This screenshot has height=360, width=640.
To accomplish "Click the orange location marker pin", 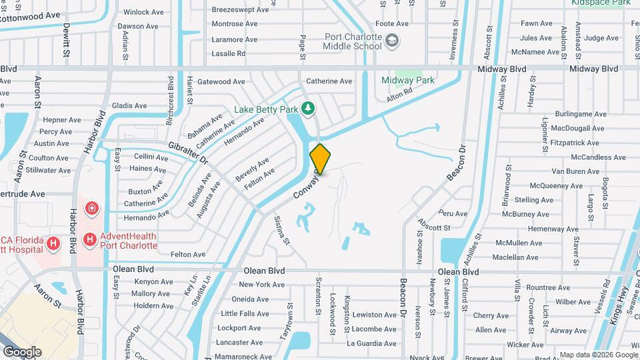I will point(321,159).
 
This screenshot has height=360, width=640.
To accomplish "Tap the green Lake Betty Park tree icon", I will point(307,107).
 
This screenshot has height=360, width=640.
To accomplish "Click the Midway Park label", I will point(408,81).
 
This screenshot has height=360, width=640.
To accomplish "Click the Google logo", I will point(22,352).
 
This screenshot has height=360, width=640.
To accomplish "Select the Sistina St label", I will point(280,229).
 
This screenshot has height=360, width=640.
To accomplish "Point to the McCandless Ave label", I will point(599,157).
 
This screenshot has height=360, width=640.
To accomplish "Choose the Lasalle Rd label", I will point(229,53).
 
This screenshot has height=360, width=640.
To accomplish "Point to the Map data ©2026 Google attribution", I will point(598,355).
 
